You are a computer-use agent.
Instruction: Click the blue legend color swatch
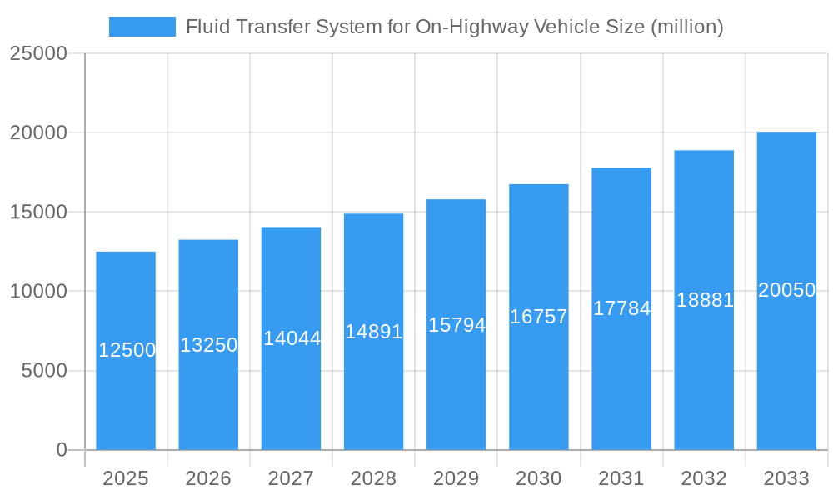coord(142,27)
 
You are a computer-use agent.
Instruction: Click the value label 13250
coord(209,345)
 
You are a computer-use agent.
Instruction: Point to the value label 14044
coord(292,338)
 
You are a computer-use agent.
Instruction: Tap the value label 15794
coord(456,325)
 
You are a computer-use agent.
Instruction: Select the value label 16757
coord(539,317)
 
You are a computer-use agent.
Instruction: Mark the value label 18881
coord(705,300)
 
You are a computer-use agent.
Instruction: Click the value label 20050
coord(786,290)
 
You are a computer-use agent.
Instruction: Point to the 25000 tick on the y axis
coord(38,53)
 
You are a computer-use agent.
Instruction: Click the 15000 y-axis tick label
coord(38,212)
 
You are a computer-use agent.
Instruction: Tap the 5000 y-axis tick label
coord(44,371)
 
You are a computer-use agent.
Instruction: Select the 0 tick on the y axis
coord(62,450)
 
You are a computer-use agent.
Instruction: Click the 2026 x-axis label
coord(208,478)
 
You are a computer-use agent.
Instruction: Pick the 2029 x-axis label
coord(456,478)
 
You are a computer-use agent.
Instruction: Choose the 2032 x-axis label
coord(704,478)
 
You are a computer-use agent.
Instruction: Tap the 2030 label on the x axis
coord(539,478)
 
